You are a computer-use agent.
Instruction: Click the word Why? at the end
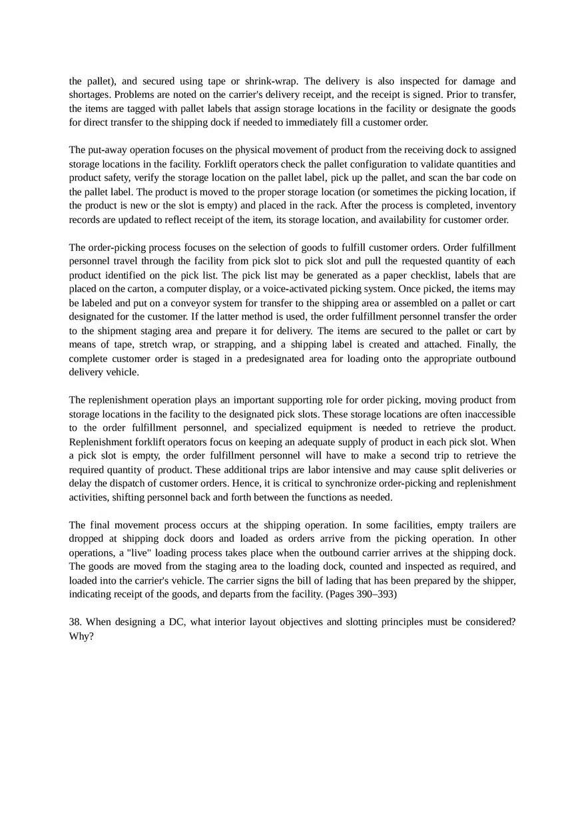pyautogui.click(x=81, y=636)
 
